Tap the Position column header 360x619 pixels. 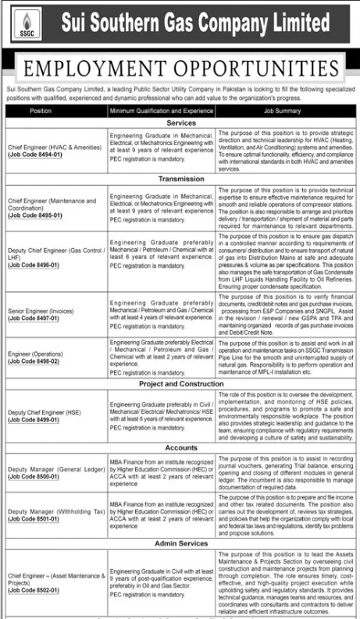click(x=41, y=112)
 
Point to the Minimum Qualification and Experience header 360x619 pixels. click(x=159, y=112)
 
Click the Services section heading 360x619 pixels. click(x=180, y=123)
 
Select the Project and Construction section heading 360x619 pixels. click(x=180, y=383)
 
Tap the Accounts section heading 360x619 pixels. click(x=180, y=447)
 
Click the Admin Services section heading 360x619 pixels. click(x=180, y=540)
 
